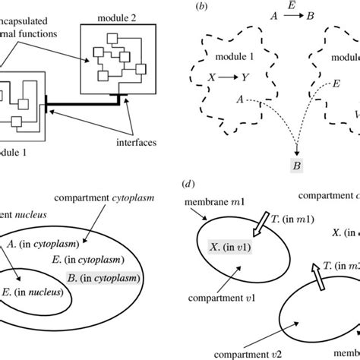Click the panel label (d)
click(x=186, y=183)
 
